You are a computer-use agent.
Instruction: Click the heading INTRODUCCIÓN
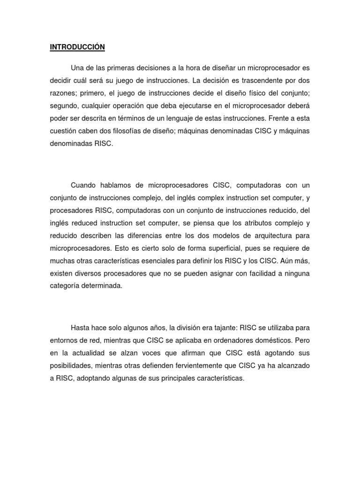click(77, 47)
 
